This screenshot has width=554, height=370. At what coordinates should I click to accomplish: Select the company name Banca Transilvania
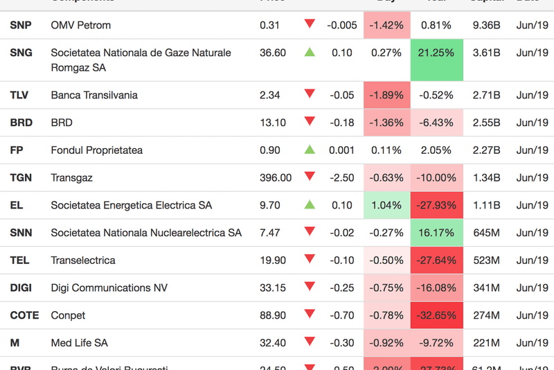click(x=94, y=96)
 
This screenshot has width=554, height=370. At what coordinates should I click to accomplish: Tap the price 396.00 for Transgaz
click(x=276, y=178)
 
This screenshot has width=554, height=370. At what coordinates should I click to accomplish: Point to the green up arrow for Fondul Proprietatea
click(x=310, y=150)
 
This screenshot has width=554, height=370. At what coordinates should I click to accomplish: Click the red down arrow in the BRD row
click(x=310, y=122)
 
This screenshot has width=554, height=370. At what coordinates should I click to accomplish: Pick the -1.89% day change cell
click(x=386, y=96)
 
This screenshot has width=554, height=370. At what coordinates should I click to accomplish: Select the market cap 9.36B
click(x=486, y=26)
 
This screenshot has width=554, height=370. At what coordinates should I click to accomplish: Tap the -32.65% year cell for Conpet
click(x=436, y=316)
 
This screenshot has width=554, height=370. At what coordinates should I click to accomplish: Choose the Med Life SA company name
click(x=80, y=343)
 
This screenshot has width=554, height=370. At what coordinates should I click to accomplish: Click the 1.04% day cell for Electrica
click(x=386, y=206)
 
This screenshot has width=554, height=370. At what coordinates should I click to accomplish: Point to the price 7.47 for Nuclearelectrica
click(x=270, y=233)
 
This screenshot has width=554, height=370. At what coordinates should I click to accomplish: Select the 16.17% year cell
click(x=436, y=233)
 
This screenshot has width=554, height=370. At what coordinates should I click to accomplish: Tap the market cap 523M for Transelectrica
click(x=486, y=261)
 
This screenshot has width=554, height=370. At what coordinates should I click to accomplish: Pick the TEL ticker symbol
click(x=20, y=261)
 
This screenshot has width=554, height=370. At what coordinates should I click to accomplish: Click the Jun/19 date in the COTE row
click(x=532, y=316)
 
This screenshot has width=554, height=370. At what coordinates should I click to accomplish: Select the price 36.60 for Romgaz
click(x=273, y=53)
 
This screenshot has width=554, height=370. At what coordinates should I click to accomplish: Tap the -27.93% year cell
click(x=436, y=206)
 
